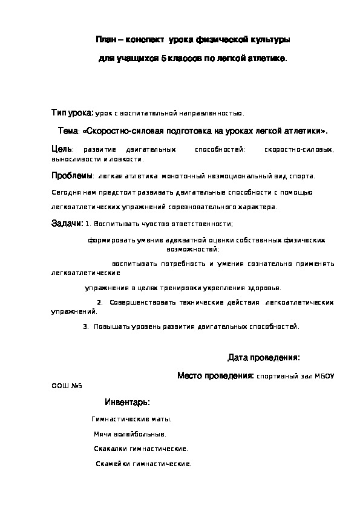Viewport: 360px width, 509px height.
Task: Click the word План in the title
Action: pos(106,39)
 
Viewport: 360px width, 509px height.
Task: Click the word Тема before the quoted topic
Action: pos(68,131)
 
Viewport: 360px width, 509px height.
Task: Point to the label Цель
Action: pos(62,149)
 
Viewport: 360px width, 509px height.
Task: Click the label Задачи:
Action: pos(67,223)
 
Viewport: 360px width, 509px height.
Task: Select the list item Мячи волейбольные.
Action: pos(130,434)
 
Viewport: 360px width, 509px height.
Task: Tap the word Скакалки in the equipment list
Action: pos(111,449)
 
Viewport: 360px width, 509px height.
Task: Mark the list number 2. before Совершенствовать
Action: pos(100,302)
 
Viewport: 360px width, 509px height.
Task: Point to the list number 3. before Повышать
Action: pos(86,326)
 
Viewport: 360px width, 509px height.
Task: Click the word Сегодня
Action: pos(65,192)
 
